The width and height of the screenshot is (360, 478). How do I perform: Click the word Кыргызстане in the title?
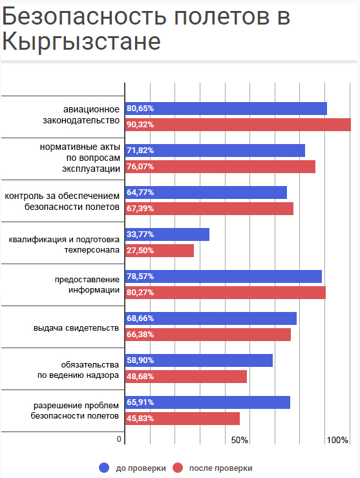[81, 42]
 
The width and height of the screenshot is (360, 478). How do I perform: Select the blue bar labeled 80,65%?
[226, 109]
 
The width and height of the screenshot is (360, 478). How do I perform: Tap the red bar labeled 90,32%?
[238, 125]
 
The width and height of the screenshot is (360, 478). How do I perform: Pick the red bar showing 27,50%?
[160, 251]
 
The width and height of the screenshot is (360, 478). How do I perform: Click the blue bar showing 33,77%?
[167, 234]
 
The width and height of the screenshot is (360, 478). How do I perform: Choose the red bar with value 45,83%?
[182, 419]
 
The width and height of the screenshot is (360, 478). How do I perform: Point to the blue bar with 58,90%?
[199, 360]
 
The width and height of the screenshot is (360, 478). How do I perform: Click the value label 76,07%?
[140, 167]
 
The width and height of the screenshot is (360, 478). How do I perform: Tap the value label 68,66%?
[140, 318]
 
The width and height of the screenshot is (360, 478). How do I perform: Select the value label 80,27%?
[140, 293]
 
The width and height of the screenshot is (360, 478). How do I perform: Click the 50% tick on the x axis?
[240, 440]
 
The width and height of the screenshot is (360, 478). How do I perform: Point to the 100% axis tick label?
[337, 440]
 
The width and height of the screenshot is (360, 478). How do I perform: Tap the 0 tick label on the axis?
[119, 439]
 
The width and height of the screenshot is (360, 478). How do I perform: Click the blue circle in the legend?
[104, 468]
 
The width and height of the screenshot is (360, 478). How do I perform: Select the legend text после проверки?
[220, 468]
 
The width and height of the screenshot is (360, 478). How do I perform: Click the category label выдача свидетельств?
[76, 328]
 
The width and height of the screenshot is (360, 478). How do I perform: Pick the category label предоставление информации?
[87, 285]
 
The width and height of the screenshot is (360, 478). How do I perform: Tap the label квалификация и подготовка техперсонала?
[64, 245]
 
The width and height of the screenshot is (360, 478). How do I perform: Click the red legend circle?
[178, 468]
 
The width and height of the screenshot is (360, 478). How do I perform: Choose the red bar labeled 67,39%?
[209, 209]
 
